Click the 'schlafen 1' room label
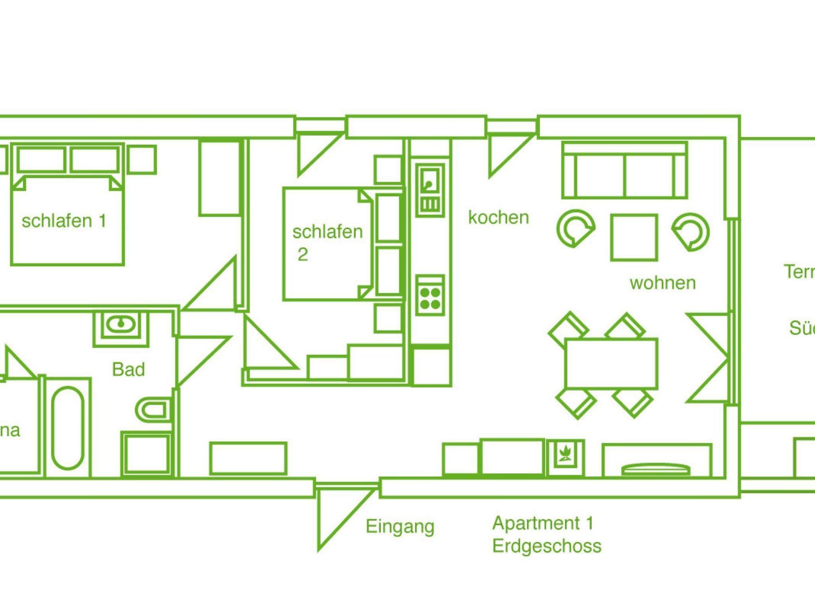pyautogui.click(x=64, y=221)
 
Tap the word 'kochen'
pyautogui.click(x=499, y=218)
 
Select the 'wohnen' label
pyautogui.click(x=663, y=283)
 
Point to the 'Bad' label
pyautogui.click(x=128, y=370)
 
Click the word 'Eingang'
pyautogui.click(x=400, y=526)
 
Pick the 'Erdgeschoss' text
pyautogui.click(x=547, y=546)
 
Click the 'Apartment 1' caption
pyautogui.click(x=543, y=523)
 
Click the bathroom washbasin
pyautogui.click(x=120, y=324)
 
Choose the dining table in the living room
pyautogui.click(x=611, y=363)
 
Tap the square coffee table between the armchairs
pyautogui.click(x=634, y=237)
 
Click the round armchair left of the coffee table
pyautogui.click(x=575, y=229)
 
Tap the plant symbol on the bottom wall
pyautogui.click(x=565, y=458)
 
